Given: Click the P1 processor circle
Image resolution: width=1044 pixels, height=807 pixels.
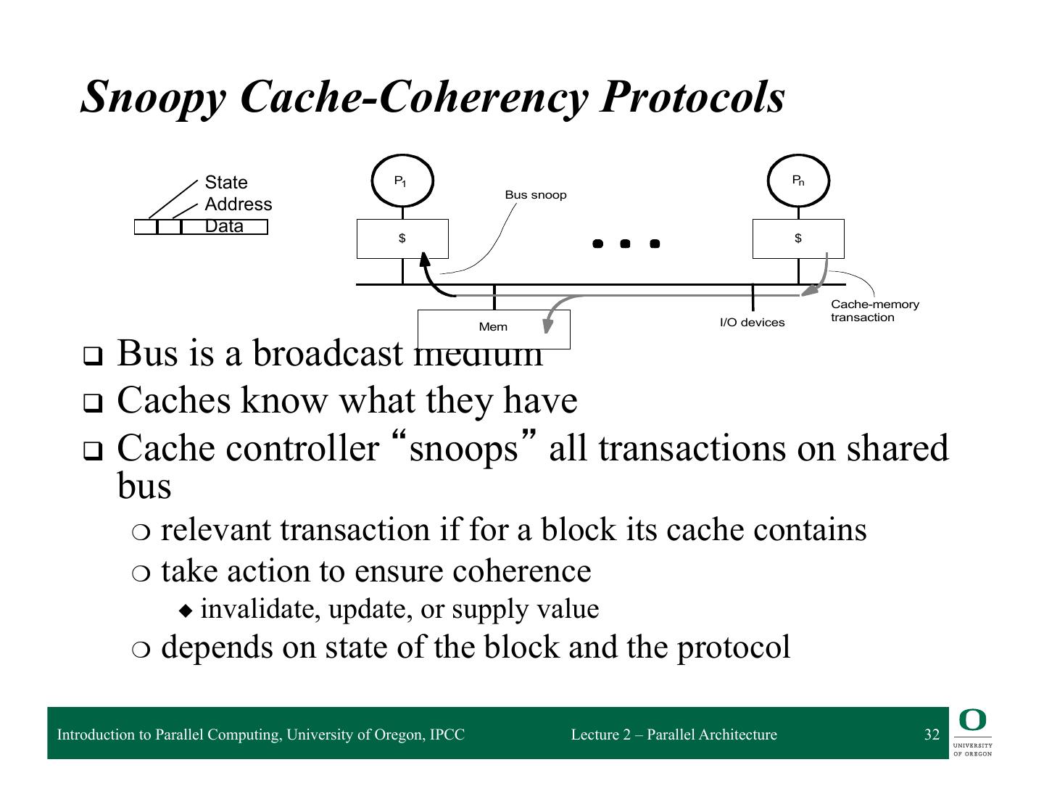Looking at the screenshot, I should [402, 181].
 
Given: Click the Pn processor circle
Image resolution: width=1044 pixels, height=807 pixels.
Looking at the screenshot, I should [798, 181].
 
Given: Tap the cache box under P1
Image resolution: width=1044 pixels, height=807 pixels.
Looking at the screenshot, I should [402, 239].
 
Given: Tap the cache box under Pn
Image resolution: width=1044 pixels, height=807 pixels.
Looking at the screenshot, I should [798, 239].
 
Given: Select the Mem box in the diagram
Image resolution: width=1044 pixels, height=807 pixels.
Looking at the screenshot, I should [494, 327].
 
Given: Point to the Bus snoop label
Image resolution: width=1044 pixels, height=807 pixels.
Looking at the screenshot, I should [536, 195].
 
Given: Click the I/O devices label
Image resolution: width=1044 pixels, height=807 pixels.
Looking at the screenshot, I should [752, 323].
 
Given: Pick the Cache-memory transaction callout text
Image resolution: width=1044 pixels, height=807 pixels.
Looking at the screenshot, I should [874, 311].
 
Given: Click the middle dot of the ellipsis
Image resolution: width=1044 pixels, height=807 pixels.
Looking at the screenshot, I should [625, 244].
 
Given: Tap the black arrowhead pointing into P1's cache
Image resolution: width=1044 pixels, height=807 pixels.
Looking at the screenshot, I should [424, 259].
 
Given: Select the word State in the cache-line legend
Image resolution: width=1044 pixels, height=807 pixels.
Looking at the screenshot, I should [226, 183].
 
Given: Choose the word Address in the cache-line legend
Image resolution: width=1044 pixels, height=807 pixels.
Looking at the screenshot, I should [239, 204].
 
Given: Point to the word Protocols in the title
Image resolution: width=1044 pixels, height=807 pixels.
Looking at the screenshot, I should [692, 96].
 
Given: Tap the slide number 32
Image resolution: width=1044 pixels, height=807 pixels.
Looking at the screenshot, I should [932, 734].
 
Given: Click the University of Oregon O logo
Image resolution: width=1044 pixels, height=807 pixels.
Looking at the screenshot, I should [972, 721].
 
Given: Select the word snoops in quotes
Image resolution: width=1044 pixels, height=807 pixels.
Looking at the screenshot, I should [464, 448].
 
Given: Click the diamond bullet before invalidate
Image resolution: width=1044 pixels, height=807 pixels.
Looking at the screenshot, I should [187, 611].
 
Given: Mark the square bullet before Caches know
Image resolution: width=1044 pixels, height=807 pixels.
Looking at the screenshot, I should [93, 403].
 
